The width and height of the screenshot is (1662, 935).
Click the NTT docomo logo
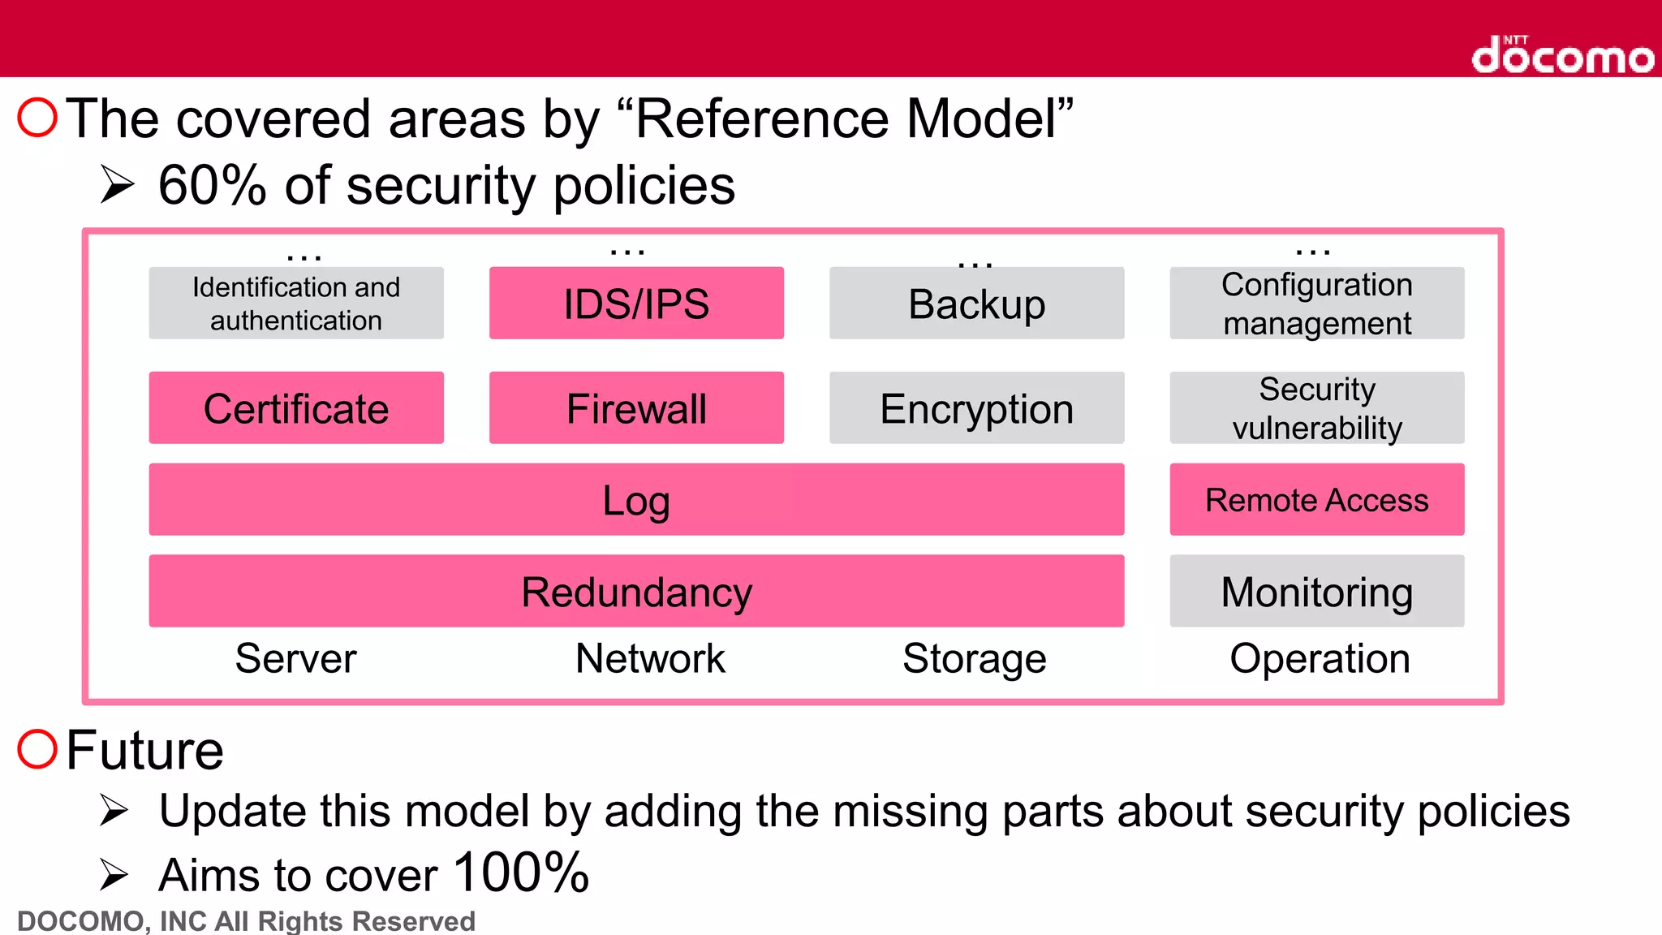coord(1562,55)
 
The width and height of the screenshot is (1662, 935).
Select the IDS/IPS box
coord(636,304)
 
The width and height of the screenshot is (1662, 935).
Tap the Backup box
coord(976,304)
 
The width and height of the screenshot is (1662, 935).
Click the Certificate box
coord(296,408)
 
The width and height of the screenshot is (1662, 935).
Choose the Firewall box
coord(636,408)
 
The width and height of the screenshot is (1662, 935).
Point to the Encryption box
coord(976,408)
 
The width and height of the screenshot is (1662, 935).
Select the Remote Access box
coord(1316,500)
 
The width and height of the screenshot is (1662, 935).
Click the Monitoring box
coord(1316,592)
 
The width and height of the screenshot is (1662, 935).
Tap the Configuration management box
coord(1316,304)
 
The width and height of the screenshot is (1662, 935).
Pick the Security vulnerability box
coord(1316,408)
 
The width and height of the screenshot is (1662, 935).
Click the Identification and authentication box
coord(296,304)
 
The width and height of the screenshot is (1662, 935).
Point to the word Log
coord(636,501)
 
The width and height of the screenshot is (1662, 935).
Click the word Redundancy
coord(636,592)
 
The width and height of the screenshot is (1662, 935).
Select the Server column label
coord(296,658)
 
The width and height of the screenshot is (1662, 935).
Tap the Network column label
coord(650,658)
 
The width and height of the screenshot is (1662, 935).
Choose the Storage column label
coord(974,658)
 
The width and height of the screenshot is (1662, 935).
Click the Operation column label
coord(1320,658)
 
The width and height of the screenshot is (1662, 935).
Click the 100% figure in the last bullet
coord(521,873)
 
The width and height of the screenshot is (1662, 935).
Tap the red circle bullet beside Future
coord(37,748)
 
